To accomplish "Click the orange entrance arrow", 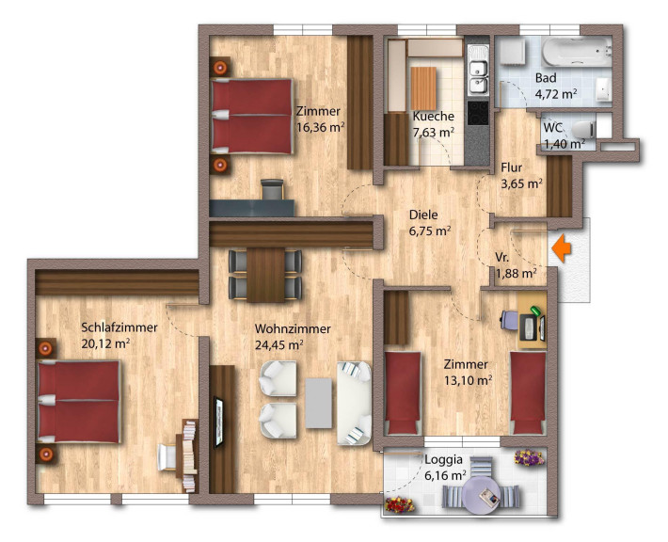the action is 561,248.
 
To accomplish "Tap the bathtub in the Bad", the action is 577,52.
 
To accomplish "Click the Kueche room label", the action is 434,117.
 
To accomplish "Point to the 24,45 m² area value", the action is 279,344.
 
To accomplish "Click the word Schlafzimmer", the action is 119,327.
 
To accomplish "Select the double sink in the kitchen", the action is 479,77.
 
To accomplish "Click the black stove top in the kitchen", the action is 478,113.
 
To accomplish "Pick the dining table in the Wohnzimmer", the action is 265,275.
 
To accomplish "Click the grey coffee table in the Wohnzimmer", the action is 319,403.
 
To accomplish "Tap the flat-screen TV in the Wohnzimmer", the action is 218,422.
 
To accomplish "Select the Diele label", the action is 423,215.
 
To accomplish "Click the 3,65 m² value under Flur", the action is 522,184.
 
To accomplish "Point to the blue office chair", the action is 509,320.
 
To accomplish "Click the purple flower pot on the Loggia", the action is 529,457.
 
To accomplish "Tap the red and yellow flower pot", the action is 400,504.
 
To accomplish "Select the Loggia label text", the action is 443,460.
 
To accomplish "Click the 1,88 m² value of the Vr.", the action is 516,273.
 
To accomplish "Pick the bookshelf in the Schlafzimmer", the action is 189,456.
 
